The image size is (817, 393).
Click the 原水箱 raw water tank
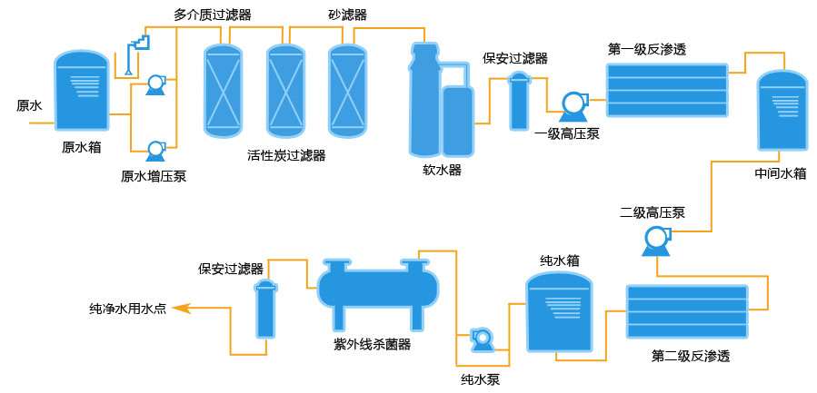(81, 92)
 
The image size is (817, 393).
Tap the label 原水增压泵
(154, 176)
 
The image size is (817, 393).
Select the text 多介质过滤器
(213, 15)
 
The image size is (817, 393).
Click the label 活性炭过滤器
(286, 155)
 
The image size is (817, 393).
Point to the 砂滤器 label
(347, 15)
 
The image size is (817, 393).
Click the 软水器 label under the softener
(442, 170)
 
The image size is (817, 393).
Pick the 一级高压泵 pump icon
(574, 106)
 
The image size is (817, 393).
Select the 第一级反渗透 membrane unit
(668, 90)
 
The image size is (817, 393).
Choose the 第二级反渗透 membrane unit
(687, 312)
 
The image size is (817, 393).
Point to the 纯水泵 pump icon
(481, 339)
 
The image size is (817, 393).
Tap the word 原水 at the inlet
(30, 105)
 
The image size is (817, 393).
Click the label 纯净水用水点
(127, 309)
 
